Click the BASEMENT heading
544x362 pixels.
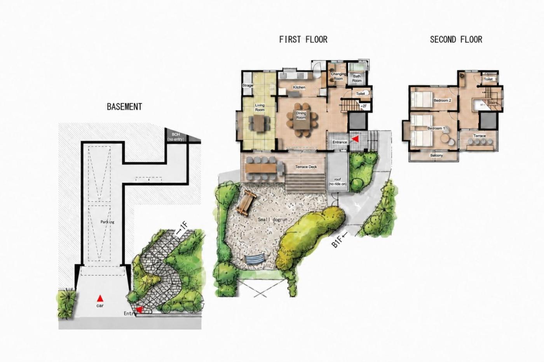[x=125, y=107]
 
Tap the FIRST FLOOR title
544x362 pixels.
[x=303, y=40]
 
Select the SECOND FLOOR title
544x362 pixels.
[x=456, y=40]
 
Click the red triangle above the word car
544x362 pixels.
[x=99, y=298]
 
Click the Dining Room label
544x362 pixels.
[x=301, y=115]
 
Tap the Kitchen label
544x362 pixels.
[x=299, y=87]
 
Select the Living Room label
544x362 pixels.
[x=260, y=107]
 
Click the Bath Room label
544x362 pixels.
[x=357, y=78]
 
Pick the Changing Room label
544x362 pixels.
[x=338, y=76]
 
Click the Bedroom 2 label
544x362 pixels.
[x=442, y=100]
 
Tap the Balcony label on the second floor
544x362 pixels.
[x=436, y=156]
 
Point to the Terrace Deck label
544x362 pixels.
[x=306, y=167]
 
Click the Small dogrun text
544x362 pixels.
[x=273, y=220]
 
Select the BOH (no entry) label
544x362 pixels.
[x=176, y=137]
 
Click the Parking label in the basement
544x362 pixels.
[x=107, y=222]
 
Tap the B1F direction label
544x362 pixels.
[x=339, y=239]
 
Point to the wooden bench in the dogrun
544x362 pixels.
[x=246, y=203]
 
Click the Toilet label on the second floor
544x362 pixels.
[x=488, y=79]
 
